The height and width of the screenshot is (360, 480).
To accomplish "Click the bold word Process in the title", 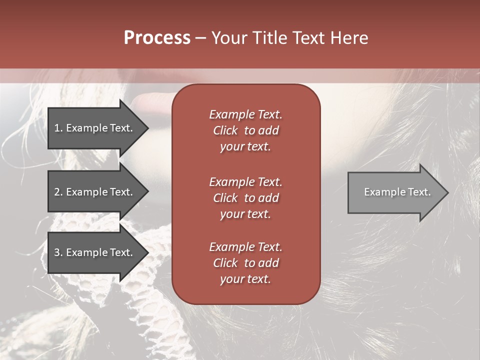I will [157, 38].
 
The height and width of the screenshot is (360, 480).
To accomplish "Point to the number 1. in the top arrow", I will [58, 128].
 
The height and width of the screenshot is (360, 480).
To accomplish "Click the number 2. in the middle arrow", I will [58, 192].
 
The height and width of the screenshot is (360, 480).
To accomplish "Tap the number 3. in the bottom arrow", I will [58, 252].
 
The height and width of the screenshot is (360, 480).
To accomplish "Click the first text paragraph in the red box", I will [245, 130].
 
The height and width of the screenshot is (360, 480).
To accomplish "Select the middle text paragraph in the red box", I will [245, 198].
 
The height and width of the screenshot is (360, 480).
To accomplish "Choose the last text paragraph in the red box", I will [245, 263].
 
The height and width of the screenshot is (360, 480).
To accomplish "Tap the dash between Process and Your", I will [201, 38].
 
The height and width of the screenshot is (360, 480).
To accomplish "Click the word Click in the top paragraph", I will [225, 130].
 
